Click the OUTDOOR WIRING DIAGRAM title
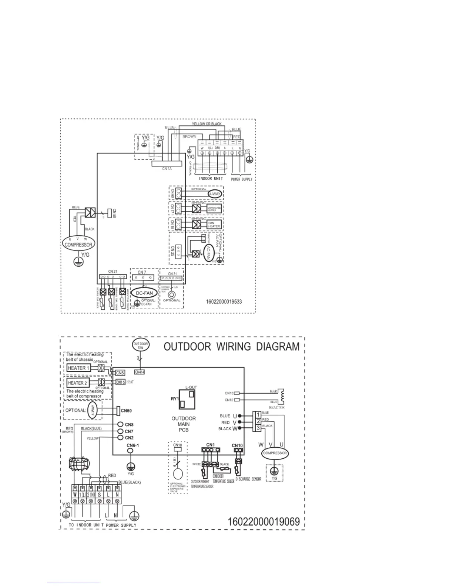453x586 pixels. pyautogui.click(x=231, y=347)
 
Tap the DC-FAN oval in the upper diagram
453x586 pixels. pyautogui.click(x=144, y=293)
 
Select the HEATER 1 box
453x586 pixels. pyautogui.click(x=78, y=368)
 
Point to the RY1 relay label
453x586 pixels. pyautogui.click(x=175, y=399)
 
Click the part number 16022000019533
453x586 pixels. pyautogui.click(x=224, y=302)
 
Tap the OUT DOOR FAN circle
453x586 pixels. pyautogui.click(x=140, y=346)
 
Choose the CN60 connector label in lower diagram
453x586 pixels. pyautogui.click(x=126, y=411)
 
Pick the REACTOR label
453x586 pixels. pyautogui.click(x=276, y=407)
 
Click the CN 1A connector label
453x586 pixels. pyautogui.click(x=167, y=169)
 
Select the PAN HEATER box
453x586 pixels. pyautogui.click(x=214, y=225)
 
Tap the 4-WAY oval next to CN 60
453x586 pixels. pyautogui.click(x=215, y=194)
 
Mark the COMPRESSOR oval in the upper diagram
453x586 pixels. pyautogui.click(x=78, y=245)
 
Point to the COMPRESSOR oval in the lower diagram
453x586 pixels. pyautogui.click(x=275, y=453)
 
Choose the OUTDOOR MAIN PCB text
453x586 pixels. pyautogui.click(x=184, y=424)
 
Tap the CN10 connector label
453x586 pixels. pyautogui.click(x=237, y=445)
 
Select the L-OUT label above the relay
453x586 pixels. pyautogui.click(x=191, y=387)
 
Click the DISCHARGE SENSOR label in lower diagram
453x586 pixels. pyautogui.click(x=248, y=479)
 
